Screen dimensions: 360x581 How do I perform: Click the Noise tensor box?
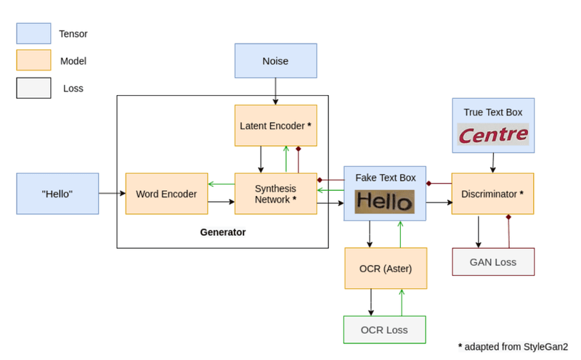point(275,61)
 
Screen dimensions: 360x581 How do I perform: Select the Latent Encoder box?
point(275,126)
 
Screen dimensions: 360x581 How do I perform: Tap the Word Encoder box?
point(166,194)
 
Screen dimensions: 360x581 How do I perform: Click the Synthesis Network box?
point(275,194)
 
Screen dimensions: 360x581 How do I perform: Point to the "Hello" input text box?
point(57,194)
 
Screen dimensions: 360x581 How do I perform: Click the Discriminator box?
point(492,194)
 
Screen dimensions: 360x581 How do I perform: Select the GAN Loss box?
point(492,262)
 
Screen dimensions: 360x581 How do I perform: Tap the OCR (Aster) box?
point(385,269)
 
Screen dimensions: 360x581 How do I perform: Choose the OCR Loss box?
point(384,330)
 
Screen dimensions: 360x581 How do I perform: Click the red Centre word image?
point(492,135)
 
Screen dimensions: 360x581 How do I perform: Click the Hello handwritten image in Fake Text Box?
point(384,201)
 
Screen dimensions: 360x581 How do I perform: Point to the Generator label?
point(223,233)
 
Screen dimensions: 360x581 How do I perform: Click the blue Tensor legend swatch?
point(33,33)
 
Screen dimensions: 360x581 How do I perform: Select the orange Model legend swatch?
point(33,61)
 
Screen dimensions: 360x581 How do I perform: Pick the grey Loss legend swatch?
point(33,88)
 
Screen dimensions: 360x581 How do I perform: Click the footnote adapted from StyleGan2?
point(513,346)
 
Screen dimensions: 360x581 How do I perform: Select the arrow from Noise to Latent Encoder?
point(275,91)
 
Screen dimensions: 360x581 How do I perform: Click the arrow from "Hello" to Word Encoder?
point(112,194)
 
